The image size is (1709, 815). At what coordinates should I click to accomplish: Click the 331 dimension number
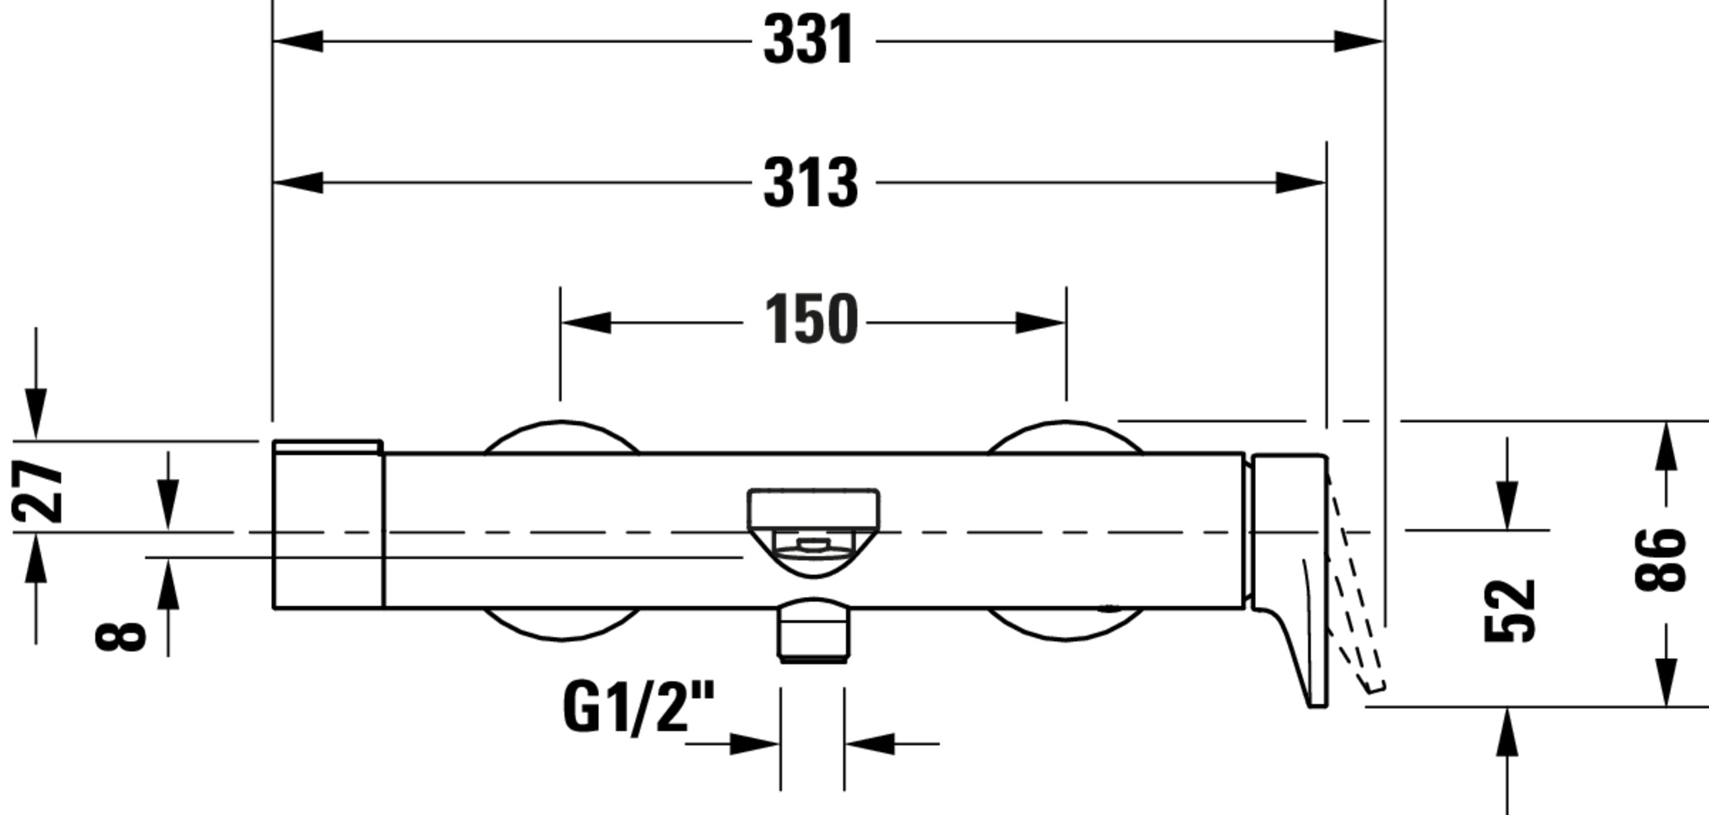[808, 40]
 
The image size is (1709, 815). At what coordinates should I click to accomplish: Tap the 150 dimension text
[811, 319]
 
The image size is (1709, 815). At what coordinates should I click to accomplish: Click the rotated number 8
[121, 636]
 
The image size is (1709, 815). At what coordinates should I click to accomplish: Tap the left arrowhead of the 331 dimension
[299, 41]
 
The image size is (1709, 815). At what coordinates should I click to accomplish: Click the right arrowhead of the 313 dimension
[1301, 182]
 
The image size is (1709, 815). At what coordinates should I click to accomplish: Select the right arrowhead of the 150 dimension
[1040, 323]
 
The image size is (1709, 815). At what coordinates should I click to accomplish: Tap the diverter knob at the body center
[813, 531]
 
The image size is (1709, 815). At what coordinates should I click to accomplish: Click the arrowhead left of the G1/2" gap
[754, 744]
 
